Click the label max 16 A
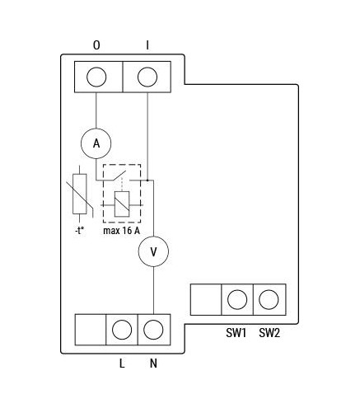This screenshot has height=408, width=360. click(x=122, y=231)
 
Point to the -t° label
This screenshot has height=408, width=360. click(x=79, y=231)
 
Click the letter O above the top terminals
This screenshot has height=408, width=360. click(x=96, y=45)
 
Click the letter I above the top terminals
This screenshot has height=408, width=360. click(x=147, y=45)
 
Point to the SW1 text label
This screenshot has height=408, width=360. click(x=236, y=333)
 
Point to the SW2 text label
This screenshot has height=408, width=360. click(x=269, y=333)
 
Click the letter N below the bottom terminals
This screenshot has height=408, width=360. click(x=153, y=363)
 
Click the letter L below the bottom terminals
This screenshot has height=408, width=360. click(x=122, y=363)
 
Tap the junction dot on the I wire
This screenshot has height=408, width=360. click(x=147, y=181)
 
